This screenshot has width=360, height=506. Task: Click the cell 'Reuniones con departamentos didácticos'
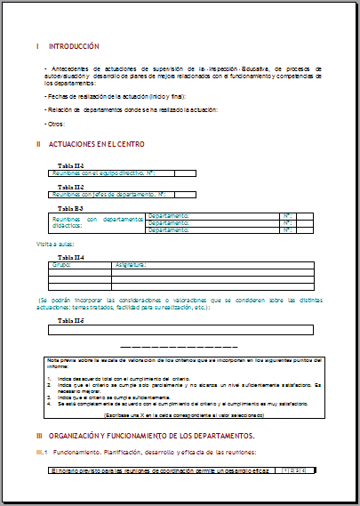[97, 222]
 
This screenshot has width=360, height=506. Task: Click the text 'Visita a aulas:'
[55, 243]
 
